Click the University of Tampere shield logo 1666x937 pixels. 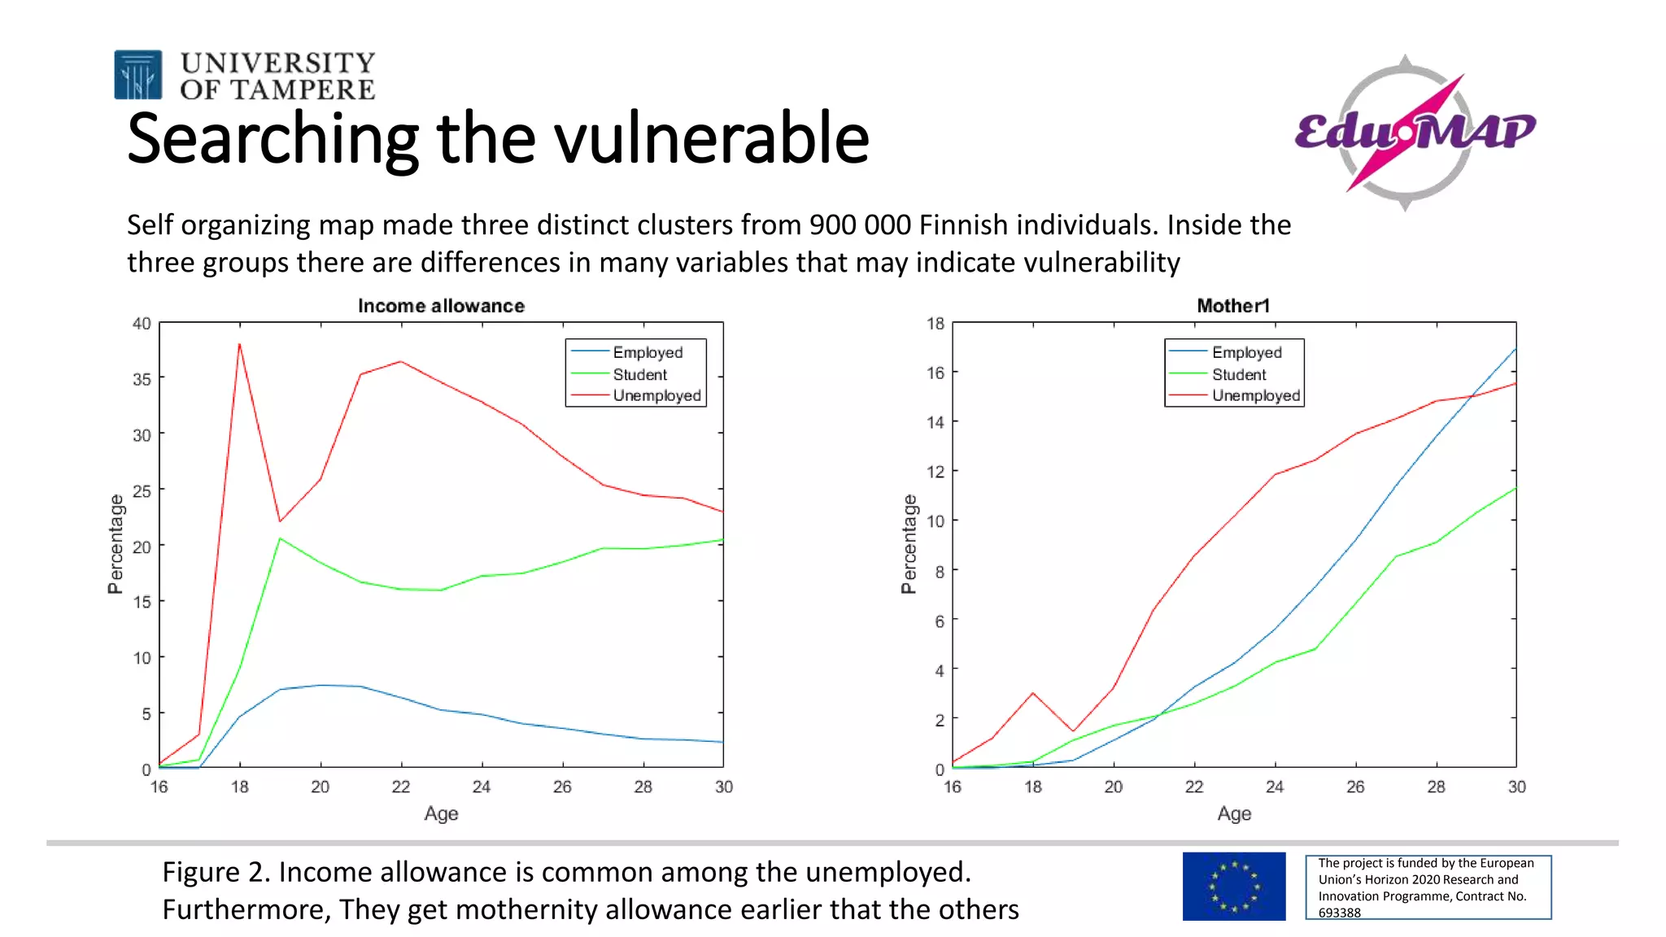coord(137,75)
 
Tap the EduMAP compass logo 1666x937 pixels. coord(1413,132)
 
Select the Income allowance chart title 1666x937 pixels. coord(441,306)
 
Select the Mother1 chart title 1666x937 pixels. coord(1232,306)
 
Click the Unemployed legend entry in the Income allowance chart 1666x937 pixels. coord(656,395)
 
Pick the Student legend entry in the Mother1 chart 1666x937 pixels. coord(1238,374)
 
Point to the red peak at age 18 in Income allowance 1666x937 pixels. coord(239,344)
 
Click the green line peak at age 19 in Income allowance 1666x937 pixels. coord(280,538)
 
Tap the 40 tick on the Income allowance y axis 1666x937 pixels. coord(142,324)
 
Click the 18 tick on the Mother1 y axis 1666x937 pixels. coord(935,324)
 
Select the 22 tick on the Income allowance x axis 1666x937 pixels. coord(400,787)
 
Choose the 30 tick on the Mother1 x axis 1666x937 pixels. coord(1516,787)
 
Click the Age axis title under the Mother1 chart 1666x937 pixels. coord(1234,813)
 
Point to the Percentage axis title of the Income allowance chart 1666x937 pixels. coord(116,543)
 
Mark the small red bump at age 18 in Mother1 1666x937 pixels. coord(1033,693)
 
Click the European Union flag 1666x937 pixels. coord(1233,886)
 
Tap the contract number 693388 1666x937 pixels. coord(1339,913)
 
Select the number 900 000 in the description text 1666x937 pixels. coord(859,224)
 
